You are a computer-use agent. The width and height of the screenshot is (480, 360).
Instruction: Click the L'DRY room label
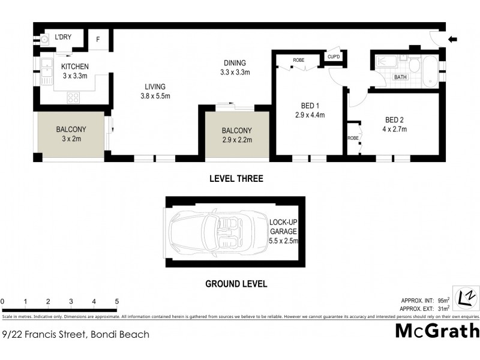[x=63, y=37]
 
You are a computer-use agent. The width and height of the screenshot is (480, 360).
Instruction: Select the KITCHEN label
[x=75, y=67]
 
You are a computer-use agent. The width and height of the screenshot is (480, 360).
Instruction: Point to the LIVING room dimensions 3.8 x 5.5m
[x=155, y=96]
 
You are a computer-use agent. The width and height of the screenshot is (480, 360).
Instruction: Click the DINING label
[x=235, y=63]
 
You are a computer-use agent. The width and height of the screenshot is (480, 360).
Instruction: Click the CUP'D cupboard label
[x=334, y=57]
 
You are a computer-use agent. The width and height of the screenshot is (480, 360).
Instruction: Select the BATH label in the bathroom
[x=400, y=77]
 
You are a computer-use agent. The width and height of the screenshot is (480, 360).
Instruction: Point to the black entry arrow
[x=453, y=40]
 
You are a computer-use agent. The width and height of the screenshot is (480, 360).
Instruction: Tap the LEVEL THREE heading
[x=236, y=179]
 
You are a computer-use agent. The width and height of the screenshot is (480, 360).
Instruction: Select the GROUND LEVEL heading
[x=236, y=284]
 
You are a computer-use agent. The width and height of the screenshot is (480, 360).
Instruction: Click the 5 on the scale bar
[x=117, y=301]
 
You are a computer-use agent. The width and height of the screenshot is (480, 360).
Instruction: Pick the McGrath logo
[x=437, y=331]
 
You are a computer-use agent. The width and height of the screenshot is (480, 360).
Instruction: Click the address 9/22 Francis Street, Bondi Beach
[x=76, y=334]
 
